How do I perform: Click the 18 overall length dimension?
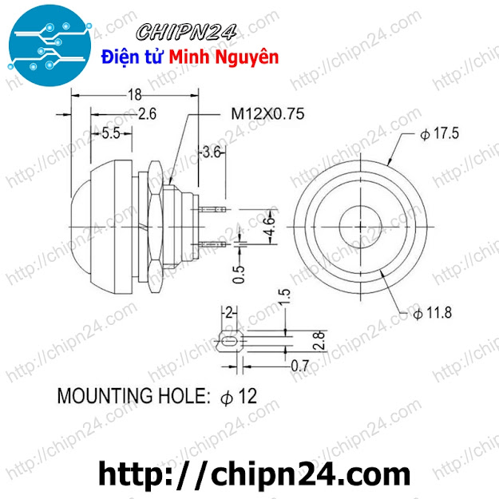click(x=134, y=95)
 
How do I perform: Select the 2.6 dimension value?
click(x=147, y=114)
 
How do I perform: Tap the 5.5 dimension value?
click(x=111, y=133)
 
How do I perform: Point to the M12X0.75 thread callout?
click(x=267, y=113)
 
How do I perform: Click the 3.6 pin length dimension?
click(x=212, y=152)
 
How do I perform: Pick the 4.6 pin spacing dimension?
click(x=269, y=226)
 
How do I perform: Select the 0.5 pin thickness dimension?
click(x=239, y=275)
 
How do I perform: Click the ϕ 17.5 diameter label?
click(x=439, y=133)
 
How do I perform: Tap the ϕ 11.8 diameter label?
click(x=432, y=312)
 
